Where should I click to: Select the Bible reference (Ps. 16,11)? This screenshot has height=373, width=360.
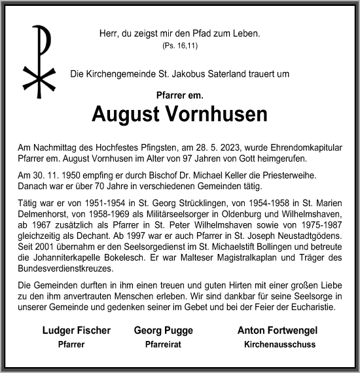pyautogui.click(x=179, y=46)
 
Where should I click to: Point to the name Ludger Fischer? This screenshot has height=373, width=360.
pyautogui.click(x=76, y=330)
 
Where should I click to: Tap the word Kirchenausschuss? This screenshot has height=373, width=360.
pyautogui.click(x=279, y=344)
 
